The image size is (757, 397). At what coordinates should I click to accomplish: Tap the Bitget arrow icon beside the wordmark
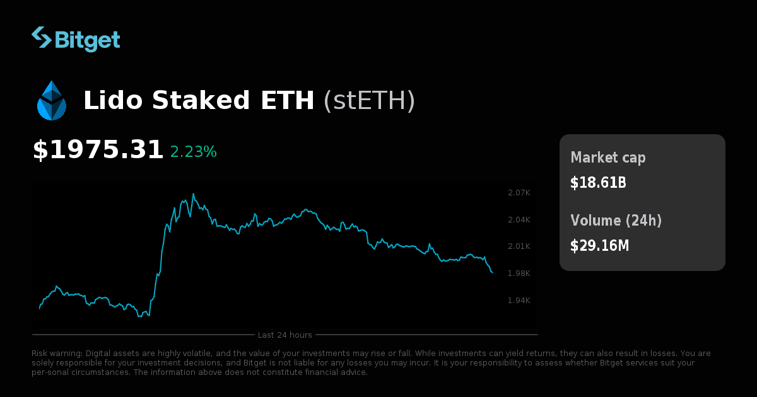tap(42, 37)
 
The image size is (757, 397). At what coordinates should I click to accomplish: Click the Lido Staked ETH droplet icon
tap(52, 101)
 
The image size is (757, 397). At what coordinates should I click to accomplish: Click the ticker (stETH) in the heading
tap(369, 101)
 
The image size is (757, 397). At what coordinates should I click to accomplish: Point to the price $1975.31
tap(98, 150)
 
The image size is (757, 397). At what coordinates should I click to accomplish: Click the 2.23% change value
tap(193, 152)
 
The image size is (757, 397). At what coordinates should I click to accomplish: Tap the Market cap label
tap(607, 158)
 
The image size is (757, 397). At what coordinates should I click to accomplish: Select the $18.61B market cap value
tap(597, 183)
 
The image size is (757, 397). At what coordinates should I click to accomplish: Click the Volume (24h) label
tap(616, 221)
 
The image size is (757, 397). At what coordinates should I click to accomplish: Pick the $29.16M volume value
tap(599, 246)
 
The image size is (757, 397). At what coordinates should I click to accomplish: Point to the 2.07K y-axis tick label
tap(519, 192)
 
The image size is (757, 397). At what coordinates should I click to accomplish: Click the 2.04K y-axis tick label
tap(519, 219)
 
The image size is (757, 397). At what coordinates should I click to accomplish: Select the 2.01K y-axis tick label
tap(519, 246)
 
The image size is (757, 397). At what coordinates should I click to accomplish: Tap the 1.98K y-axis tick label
tap(519, 273)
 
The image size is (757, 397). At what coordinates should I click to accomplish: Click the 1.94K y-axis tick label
tap(519, 300)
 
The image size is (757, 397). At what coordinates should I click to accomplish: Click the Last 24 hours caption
tap(285, 335)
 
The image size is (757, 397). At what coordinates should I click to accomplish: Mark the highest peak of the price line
tap(193, 194)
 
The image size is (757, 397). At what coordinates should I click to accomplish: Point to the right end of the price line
tap(492, 272)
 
